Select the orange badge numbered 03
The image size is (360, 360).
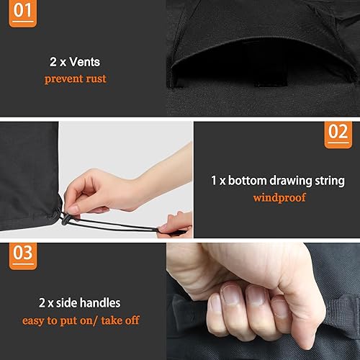24,254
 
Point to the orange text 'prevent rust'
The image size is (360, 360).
75,78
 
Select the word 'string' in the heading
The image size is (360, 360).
327,180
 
